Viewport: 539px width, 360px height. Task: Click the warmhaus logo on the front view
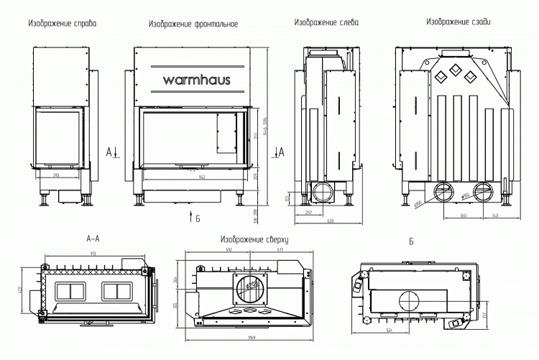pos(191,80)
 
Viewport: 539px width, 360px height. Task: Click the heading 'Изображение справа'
pos(63,24)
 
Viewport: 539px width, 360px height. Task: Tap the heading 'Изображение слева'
pos(326,23)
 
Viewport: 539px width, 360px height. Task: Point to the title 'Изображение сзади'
pos(459,22)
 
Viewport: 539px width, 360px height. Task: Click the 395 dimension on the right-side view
pos(56,175)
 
